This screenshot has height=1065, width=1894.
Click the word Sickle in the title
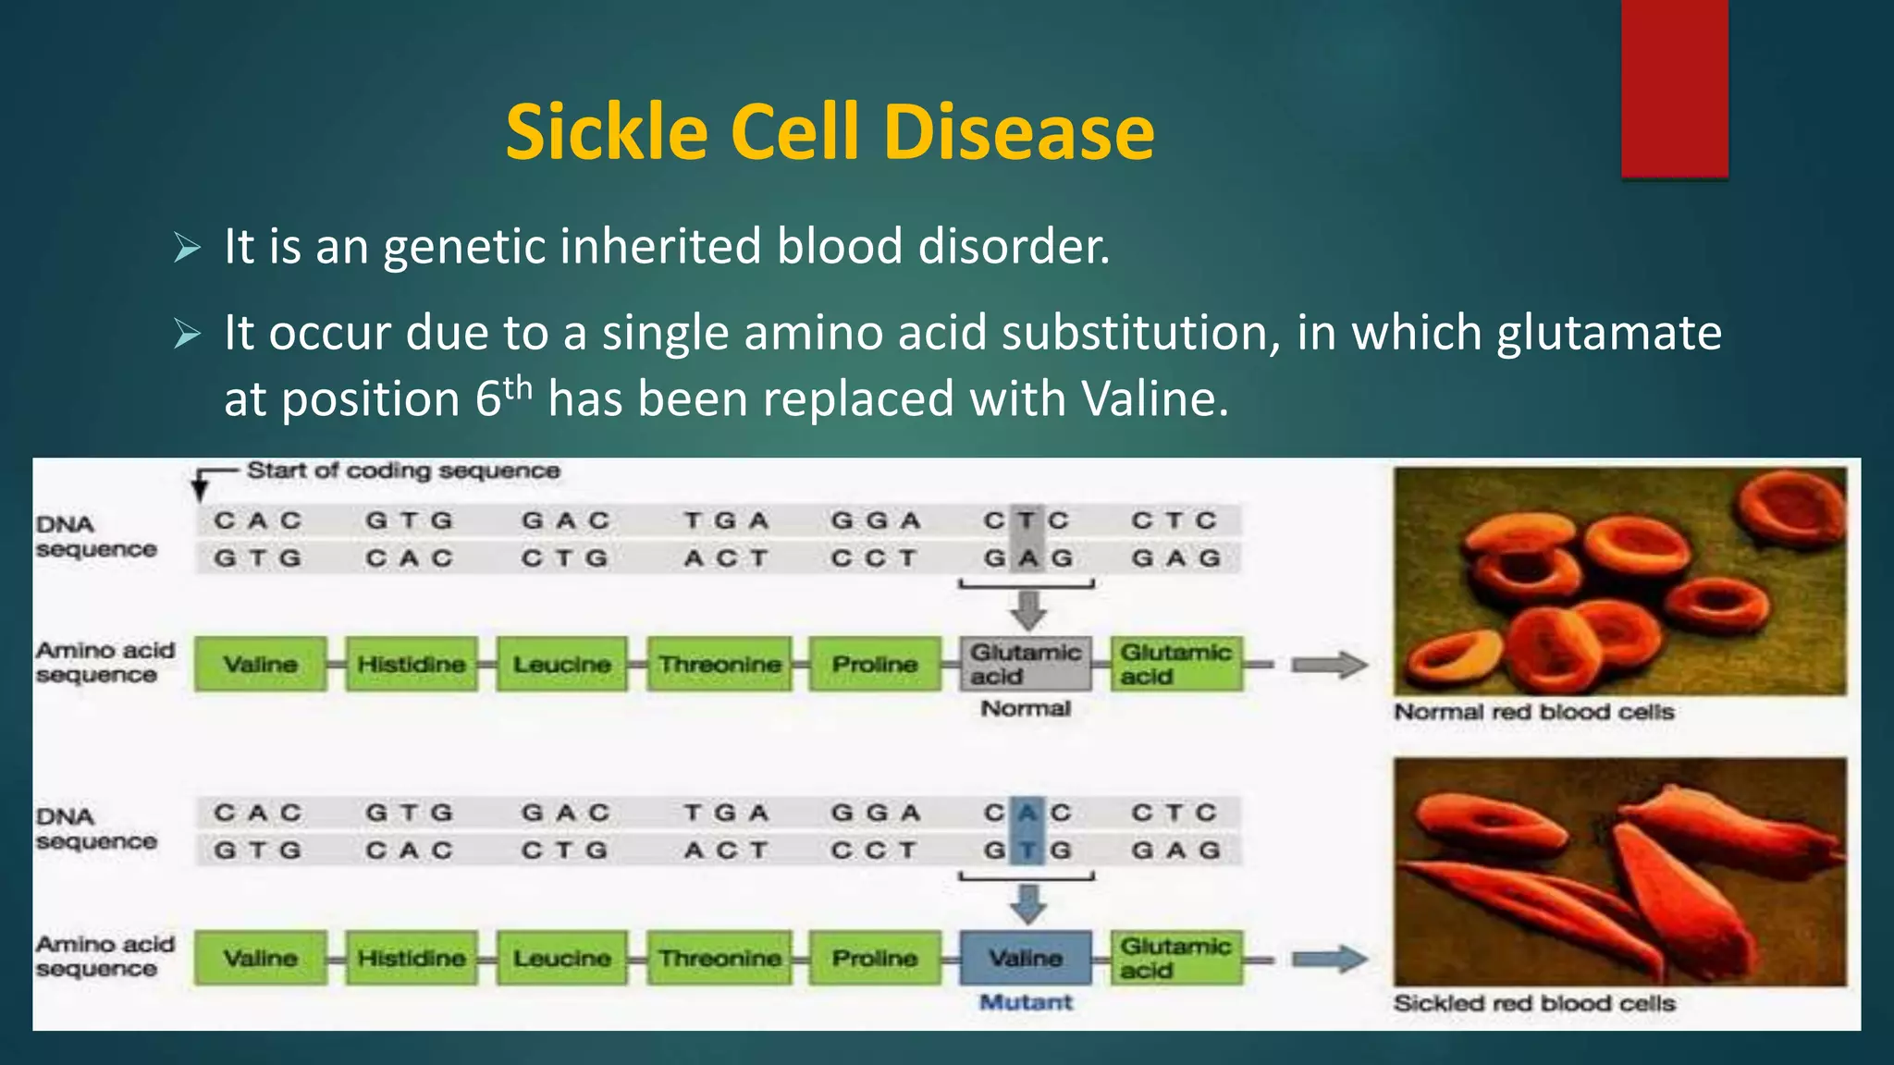click(607, 131)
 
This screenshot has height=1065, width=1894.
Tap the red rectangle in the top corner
click(1674, 88)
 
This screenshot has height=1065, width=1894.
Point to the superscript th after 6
click(518, 386)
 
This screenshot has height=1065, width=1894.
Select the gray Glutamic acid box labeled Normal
click(1025, 664)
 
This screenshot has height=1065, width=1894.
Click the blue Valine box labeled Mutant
click(1026, 958)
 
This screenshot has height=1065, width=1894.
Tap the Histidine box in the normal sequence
click(412, 664)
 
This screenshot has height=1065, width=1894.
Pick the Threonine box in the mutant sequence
click(719, 958)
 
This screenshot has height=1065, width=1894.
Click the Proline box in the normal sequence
click(874, 664)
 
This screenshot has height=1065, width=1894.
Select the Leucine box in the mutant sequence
click(562, 958)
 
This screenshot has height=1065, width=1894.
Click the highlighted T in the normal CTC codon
click(1026, 520)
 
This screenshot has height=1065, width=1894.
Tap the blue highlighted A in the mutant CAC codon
click(1026, 813)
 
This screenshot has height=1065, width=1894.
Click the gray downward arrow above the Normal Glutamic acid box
click(1027, 610)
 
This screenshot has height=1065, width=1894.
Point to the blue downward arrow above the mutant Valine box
click(1027, 903)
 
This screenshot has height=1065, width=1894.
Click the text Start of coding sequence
click(403, 471)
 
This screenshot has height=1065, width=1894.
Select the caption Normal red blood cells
click(1534, 712)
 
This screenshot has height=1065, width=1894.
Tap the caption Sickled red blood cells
click(1534, 1003)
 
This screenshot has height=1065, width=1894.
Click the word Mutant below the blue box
click(1026, 1002)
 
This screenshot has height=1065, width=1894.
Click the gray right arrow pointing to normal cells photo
click(1329, 665)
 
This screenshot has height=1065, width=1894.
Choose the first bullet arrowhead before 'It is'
click(188, 248)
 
